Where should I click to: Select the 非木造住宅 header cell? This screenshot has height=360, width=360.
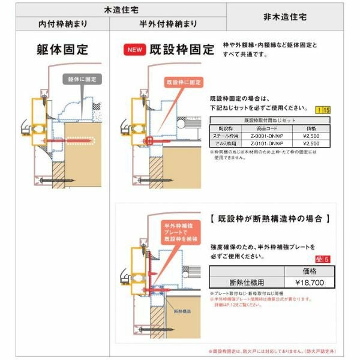pos(284,18)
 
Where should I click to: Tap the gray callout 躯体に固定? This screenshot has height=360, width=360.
pos(82,79)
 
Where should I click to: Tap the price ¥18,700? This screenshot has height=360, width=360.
pos(308,282)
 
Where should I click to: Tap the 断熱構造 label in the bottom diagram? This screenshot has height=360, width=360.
pos(183,311)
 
